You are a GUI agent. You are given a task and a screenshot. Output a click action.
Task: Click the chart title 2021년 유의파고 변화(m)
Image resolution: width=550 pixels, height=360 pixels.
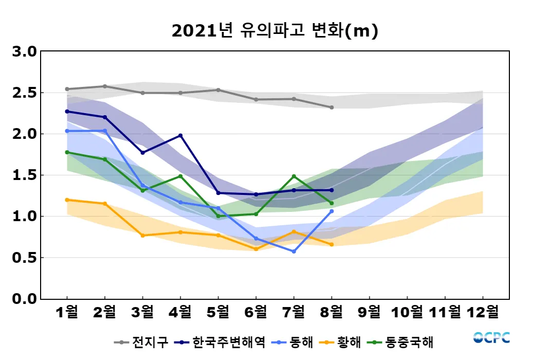[x=274, y=31]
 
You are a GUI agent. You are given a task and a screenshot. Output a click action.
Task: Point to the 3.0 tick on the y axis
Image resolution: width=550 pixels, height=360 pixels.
[x=24, y=52]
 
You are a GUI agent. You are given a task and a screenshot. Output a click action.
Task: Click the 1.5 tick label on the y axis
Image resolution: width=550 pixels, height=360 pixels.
[x=24, y=175]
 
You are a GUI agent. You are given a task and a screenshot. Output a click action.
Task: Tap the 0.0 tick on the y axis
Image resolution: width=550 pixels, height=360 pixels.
[x=24, y=299]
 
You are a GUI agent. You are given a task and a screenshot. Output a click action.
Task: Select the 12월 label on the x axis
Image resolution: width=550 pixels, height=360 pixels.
[x=483, y=312]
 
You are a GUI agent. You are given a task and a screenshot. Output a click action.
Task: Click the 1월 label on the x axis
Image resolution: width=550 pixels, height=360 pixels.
[x=67, y=312]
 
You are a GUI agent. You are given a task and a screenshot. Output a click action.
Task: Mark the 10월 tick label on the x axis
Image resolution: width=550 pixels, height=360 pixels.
[x=407, y=312]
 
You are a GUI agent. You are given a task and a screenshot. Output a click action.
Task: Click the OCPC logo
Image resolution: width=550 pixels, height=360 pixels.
[x=491, y=337]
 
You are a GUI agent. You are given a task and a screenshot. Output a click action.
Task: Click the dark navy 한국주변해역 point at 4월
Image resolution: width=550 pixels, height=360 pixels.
[x=180, y=136]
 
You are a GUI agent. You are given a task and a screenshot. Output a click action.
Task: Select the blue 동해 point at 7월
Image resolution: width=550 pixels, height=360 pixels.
[x=294, y=251]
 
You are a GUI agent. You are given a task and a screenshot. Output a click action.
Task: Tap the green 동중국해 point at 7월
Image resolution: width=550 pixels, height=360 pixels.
[x=294, y=176]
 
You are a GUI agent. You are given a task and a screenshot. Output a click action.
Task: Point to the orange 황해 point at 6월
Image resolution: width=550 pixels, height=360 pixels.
[x=256, y=249]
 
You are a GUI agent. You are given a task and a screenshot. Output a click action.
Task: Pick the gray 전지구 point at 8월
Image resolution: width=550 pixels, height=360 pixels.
[x=332, y=107]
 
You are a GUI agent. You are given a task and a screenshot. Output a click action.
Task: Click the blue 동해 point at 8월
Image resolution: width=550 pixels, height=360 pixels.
[x=332, y=211]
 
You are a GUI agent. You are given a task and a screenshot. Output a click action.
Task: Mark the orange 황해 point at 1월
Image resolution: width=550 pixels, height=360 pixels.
[x=67, y=200]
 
